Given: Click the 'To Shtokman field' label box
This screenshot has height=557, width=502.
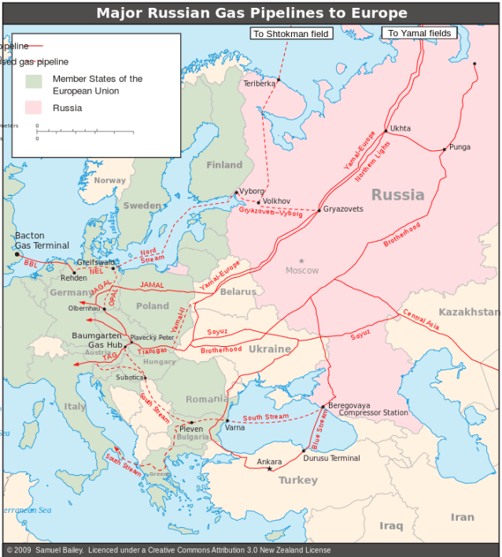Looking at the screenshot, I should pos(291,34).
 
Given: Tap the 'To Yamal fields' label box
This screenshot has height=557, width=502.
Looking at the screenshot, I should pos(419,33).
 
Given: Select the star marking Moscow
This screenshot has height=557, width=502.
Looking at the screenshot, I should pos(301,260).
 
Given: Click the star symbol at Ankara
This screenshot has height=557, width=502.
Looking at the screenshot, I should pos(269,469).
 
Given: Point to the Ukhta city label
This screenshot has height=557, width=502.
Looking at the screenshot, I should pos(400,128).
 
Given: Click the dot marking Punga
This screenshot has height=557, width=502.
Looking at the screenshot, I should pos(444,149).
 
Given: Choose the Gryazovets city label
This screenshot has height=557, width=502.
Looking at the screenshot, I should pos(343,209).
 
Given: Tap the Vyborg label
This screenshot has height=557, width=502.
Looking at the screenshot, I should pos(251,191).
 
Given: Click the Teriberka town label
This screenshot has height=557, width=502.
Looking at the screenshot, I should pos(260,83).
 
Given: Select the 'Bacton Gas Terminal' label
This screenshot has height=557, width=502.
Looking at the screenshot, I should pos(42,241).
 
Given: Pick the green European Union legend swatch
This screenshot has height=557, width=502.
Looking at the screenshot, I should pos(33,82).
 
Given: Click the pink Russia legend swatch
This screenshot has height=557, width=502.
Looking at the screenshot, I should pos(33,108).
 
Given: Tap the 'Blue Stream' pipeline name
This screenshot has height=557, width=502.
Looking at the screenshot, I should pos(318,429).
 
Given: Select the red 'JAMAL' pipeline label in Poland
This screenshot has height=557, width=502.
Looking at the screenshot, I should pos(152,284).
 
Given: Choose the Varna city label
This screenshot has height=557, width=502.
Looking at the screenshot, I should pos(234,428).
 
